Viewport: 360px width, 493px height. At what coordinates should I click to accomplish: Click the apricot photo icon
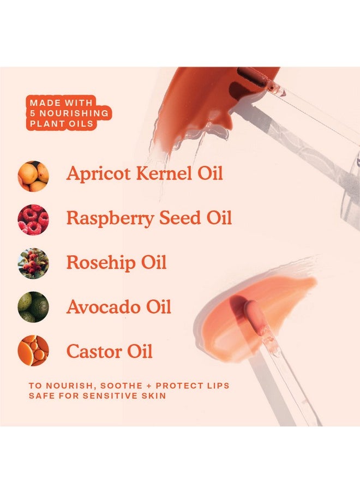pyautogui.click(x=33, y=176)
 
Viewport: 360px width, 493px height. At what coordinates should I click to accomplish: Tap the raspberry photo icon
pyautogui.click(x=33, y=220)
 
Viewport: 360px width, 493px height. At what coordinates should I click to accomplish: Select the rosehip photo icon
pyautogui.click(x=33, y=263)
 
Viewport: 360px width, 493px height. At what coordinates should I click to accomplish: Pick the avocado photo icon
pyautogui.click(x=33, y=307)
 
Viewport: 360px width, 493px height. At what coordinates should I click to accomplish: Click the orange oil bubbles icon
pyautogui.click(x=33, y=351)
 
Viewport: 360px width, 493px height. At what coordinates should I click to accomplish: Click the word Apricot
pyautogui.click(x=98, y=174)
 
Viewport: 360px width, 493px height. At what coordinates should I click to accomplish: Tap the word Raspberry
pyautogui.click(x=110, y=219)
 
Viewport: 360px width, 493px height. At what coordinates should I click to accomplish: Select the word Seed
pyautogui.click(x=180, y=218)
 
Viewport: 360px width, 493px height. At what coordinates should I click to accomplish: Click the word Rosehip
pyautogui.click(x=100, y=263)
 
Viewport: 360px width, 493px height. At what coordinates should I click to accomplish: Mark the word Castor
pyautogui.click(x=94, y=352)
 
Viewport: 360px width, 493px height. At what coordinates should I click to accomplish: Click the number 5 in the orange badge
pyautogui.click(x=32, y=113)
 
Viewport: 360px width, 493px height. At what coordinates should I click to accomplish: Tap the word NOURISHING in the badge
pyautogui.click(x=74, y=113)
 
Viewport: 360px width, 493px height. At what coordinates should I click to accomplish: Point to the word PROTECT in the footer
pyautogui.click(x=177, y=386)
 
